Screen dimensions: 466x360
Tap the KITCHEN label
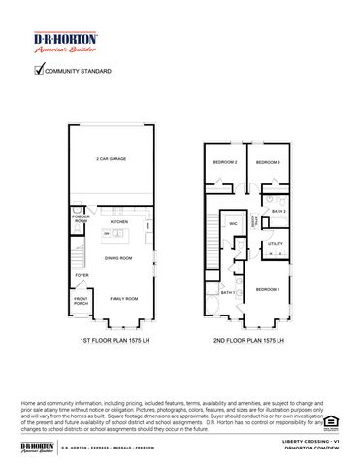click(x=119, y=222)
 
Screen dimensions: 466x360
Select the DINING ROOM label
click(x=119, y=258)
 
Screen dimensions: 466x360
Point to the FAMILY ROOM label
click(x=123, y=298)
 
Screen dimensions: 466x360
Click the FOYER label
click(x=82, y=276)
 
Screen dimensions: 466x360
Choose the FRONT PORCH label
click(x=82, y=303)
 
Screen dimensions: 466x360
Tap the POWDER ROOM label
click(x=82, y=219)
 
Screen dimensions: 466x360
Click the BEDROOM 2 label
click(x=226, y=163)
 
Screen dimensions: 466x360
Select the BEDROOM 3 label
click(x=268, y=163)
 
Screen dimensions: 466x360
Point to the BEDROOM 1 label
click(x=268, y=289)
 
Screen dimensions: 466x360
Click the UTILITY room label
click(x=275, y=243)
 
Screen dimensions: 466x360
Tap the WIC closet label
click(x=234, y=224)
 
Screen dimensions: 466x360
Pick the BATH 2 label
click(x=278, y=211)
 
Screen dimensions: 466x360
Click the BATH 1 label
click(x=226, y=292)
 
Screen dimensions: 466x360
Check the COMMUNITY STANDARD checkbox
click(x=40, y=71)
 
